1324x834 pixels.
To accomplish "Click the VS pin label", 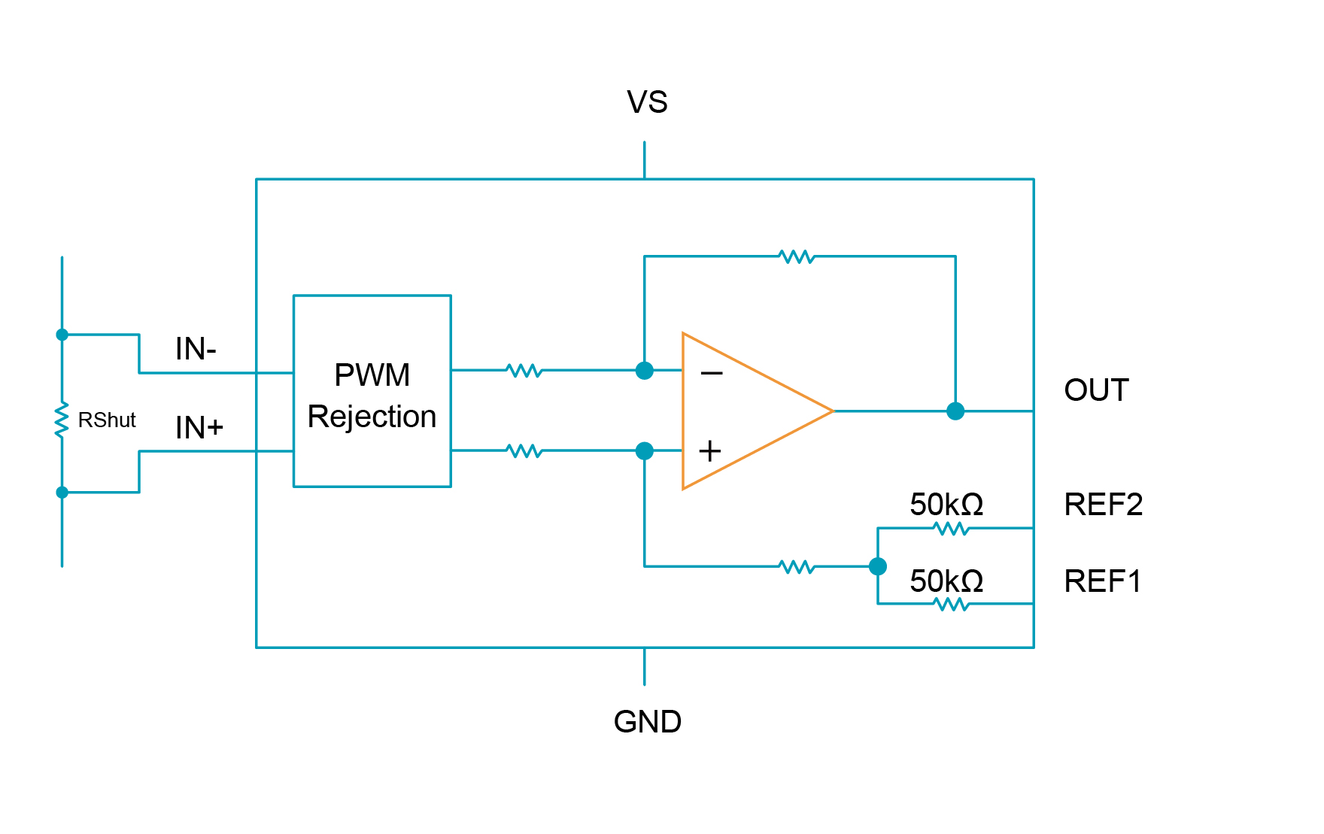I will point(647,102).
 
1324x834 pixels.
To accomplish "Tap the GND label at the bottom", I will point(647,722).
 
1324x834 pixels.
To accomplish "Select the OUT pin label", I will point(1096,390).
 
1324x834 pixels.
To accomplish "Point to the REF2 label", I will point(1103,505).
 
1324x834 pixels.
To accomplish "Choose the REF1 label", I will point(1103,581).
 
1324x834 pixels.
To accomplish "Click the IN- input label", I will point(196,349).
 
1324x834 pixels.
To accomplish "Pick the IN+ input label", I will point(199,428).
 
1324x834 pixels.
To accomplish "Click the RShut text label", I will point(107,420).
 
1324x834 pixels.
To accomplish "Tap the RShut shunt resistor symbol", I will point(62,420).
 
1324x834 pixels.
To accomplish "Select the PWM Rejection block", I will point(372,391).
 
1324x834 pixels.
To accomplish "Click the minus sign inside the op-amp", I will point(711,373).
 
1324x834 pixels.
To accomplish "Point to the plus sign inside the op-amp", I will point(709,451).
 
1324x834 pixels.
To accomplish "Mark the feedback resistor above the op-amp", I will point(797,257).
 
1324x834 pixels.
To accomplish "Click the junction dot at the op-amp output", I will point(955,411).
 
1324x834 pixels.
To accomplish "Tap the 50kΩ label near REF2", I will point(946,505).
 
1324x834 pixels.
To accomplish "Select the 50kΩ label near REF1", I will point(946,581).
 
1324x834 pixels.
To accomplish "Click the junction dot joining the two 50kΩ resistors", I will point(877,566).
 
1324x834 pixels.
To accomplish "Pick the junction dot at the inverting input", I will point(645,371).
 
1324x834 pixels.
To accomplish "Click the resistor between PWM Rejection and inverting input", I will point(524,371).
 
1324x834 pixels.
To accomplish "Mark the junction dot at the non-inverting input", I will point(645,451).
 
